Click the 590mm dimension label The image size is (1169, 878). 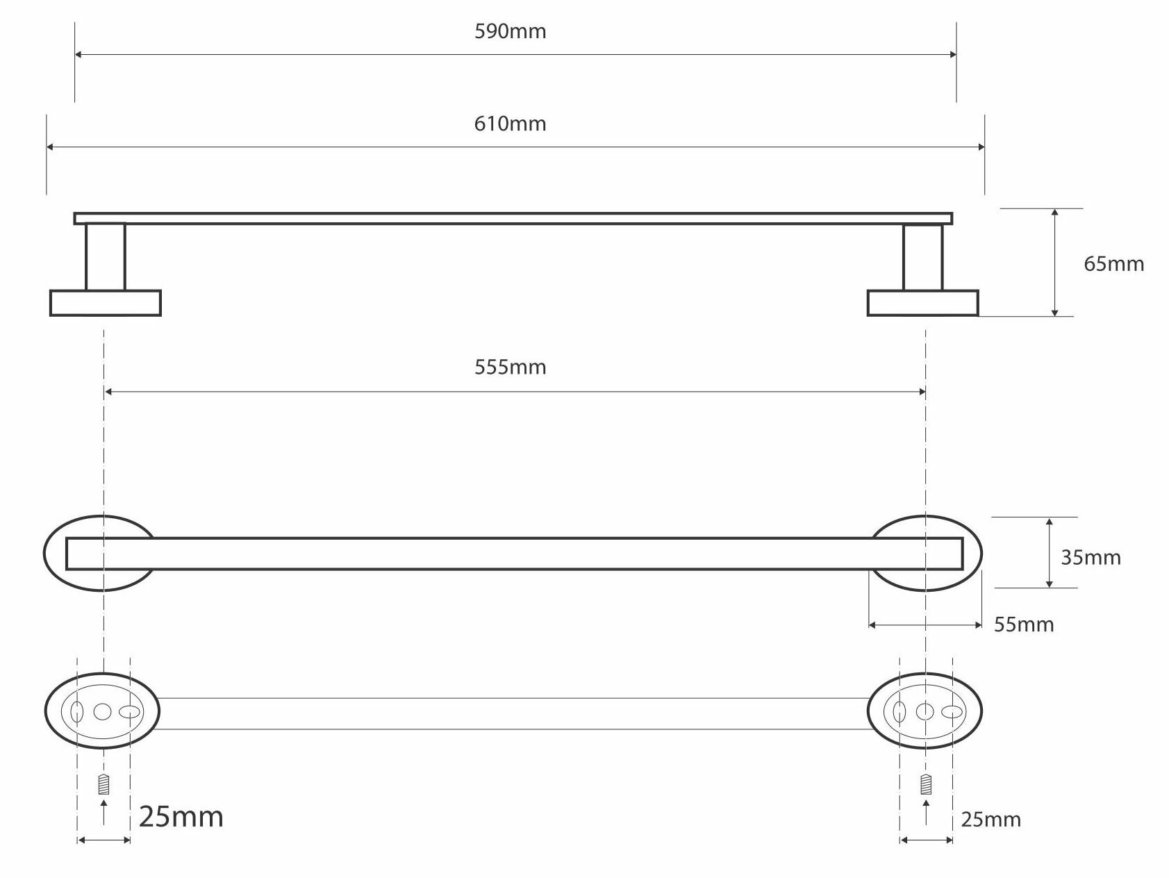point(511,32)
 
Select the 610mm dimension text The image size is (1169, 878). point(511,124)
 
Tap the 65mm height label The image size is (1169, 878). point(1113,264)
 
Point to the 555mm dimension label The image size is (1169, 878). point(511,367)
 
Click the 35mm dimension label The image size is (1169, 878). point(1091,558)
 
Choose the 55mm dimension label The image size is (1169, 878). point(1024,624)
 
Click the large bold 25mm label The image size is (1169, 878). point(181,817)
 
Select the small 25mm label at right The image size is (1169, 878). point(990,820)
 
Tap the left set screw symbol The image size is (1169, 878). point(104,785)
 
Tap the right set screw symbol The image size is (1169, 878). point(925,785)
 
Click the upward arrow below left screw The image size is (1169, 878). point(104,811)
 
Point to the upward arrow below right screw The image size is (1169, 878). point(925,811)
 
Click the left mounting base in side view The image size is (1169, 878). point(106,304)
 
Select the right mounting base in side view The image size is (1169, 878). point(923,304)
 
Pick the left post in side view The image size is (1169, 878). point(106,257)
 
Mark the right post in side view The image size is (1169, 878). point(923,257)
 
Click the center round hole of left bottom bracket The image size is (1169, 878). point(102,711)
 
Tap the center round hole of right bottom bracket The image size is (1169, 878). point(925,711)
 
